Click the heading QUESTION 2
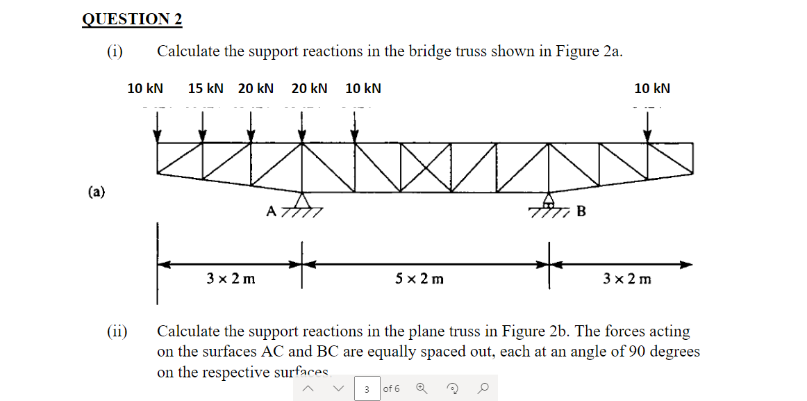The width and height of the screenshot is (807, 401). (x=132, y=19)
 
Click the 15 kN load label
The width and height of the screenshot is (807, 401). (x=206, y=89)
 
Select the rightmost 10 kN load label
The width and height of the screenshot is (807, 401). (x=652, y=89)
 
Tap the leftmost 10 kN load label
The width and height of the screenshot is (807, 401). (x=145, y=89)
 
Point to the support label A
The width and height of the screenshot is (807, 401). (x=272, y=210)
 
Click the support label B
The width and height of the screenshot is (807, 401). (x=581, y=211)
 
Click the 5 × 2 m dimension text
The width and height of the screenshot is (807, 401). (x=419, y=279)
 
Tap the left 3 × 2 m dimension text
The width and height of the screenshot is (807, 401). (x=231, y=279)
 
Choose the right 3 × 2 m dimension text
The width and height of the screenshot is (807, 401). (x=627, y=279)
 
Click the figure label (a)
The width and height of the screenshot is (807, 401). (x=97, y=192)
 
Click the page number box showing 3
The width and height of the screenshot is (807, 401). (x=367, y=389)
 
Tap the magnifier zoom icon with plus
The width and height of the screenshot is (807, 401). (x=422, y=389)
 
